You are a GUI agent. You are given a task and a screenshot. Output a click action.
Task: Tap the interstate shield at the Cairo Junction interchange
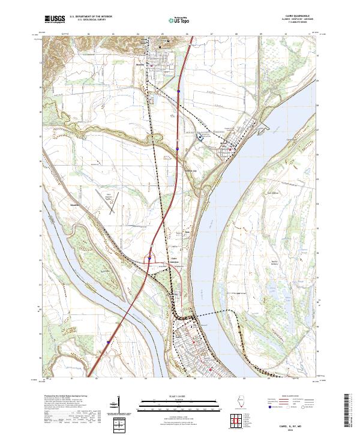149,259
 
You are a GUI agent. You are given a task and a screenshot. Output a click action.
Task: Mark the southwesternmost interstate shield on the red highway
108,343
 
